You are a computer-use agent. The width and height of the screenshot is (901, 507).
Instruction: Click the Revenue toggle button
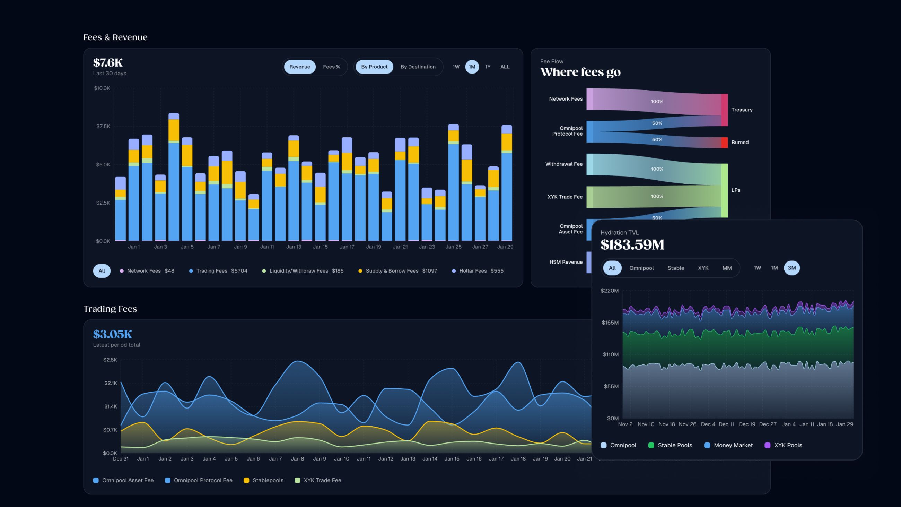[x=299, y=67]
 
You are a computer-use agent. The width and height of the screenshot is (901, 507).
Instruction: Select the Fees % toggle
[x=331, y=67]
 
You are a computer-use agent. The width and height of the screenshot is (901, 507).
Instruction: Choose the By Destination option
[x=418, y=67]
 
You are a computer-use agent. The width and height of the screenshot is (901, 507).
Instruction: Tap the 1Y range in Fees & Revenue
[x=488, y=67]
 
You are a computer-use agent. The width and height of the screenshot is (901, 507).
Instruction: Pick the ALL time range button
[x=505, y=67]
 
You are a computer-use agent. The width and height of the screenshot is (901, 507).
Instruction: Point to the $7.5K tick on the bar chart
[x=103, y=126]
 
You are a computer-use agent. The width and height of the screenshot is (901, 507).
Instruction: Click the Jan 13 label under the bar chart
[x=294, y=247]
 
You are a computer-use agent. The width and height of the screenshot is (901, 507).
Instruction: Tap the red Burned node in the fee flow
[x=724, y=143]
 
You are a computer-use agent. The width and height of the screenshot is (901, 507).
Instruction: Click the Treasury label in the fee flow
[x=742, y=110]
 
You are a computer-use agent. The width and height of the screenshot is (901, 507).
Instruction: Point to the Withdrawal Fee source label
[x=564, y=164]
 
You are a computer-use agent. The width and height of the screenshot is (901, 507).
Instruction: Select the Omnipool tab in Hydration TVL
[x=641, y=268]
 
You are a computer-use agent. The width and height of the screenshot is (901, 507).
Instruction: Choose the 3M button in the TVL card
[x=791, y=268]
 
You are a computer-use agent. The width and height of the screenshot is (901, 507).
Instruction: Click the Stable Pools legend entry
[x=674, y=445]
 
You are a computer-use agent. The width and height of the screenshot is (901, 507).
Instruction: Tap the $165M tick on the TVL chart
[x=610, y=323]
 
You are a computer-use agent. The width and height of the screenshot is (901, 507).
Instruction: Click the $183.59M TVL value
[x=632, y=244]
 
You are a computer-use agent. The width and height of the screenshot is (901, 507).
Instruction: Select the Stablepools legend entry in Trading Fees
[x=268, y=480]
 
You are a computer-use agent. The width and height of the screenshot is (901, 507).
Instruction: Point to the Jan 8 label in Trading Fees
[x=297, y=459]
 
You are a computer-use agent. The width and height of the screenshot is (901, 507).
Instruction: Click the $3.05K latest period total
[x=113, y=334]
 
